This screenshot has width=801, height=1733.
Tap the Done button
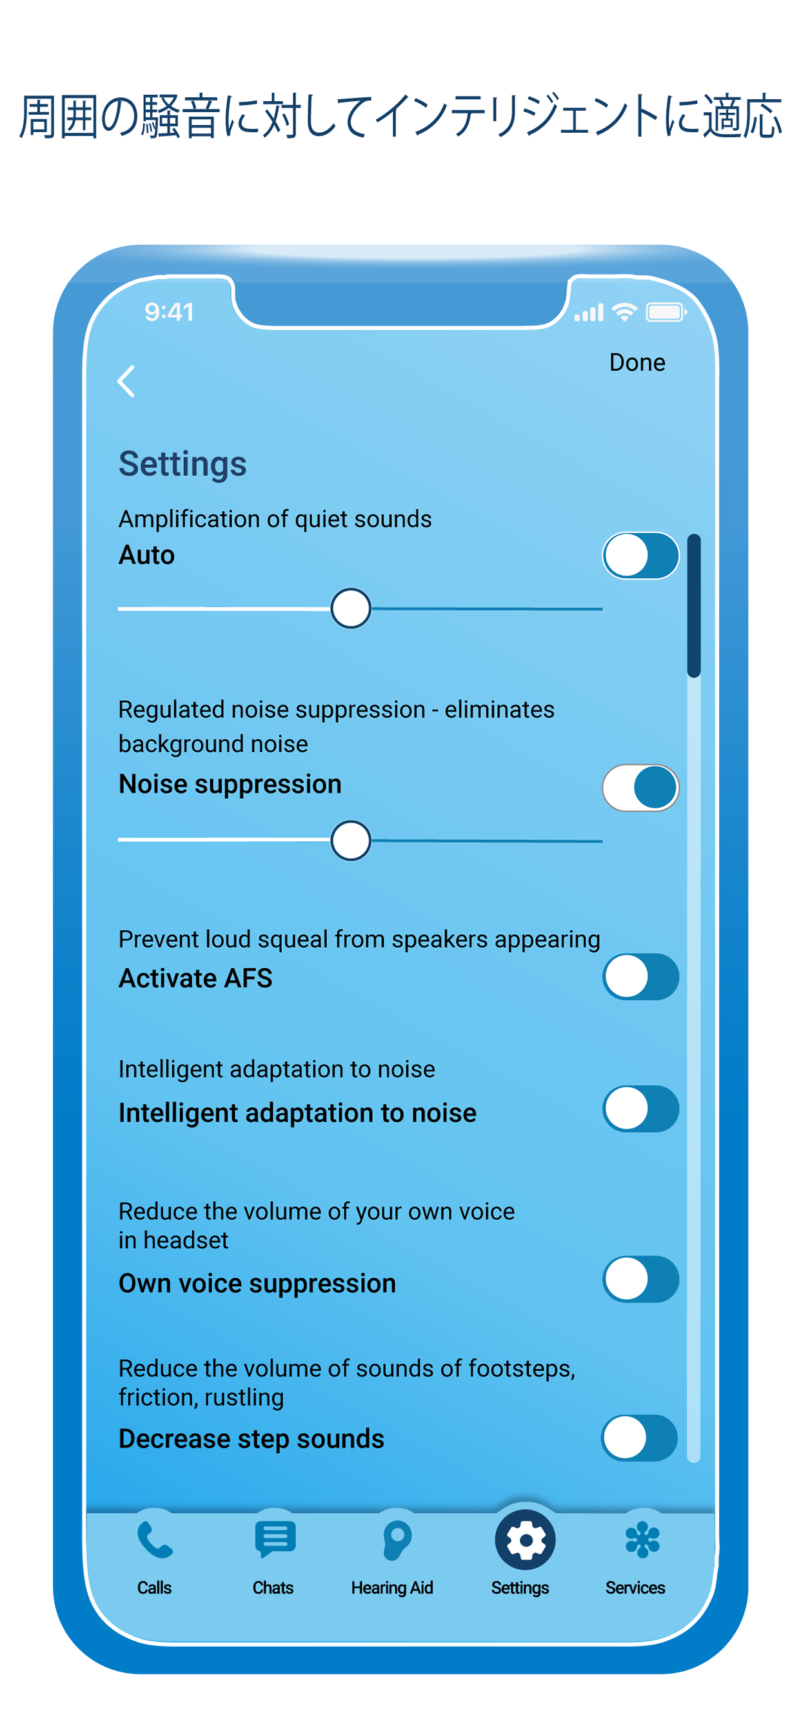[x=636, y=362]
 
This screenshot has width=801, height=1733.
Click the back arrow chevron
[x=126, y=382]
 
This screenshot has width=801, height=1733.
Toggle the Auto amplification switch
[x=640, y=556]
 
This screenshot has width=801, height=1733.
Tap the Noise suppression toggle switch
[x=640, y=788]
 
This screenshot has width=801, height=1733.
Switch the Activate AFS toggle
[x=640, y=977]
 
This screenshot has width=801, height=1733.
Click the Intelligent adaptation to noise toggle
[x=640, y=1109]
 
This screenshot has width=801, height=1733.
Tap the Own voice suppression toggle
[x=640, y=1279]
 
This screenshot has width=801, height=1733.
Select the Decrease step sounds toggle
[x=638, y=1438]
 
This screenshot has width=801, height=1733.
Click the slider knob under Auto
[x=351, y=609]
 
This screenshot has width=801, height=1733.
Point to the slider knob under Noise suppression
[x=351, y=840]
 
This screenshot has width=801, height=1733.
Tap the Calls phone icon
[x=155, y=1540]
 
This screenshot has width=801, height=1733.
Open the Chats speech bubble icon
[x=275, y=1539]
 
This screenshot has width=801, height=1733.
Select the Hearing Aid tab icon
[x=397, y=1540]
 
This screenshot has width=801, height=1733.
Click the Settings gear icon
[x=525, y=1540]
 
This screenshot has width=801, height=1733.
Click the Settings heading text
[x=183, y=464]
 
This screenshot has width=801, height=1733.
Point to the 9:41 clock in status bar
[x=169, y=312]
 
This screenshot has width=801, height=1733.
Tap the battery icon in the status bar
[x=666, y=312]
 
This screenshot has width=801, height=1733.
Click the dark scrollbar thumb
[x=694, y=605]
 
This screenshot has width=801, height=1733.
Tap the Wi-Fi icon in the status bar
[x=625, y=312]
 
